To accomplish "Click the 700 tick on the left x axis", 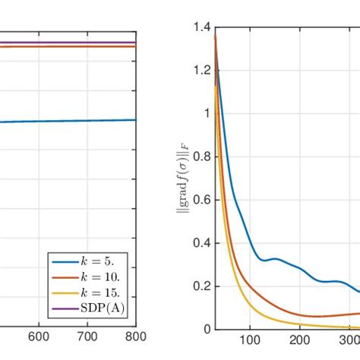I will [87, 339].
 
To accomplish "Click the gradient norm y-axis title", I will [182, 178].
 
